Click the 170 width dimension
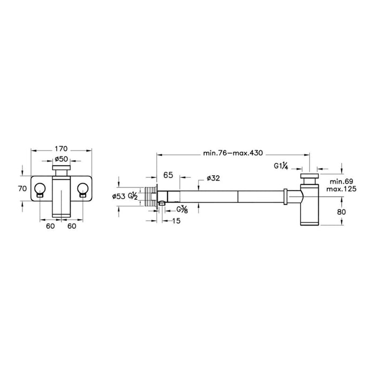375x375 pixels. coord(61,149)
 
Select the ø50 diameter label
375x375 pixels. coord(61,159)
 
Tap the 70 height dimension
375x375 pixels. coord(22,189)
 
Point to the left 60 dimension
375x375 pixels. coord(50,226)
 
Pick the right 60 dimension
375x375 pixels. coord(72,226)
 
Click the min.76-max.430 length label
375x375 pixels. coord(232,153)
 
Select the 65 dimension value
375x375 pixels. coord(168,175)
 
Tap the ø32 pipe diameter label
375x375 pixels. coord(213,178)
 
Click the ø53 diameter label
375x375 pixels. coord(119,197)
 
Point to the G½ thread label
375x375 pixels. coord(132,197)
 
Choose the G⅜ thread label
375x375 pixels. coord(182,210)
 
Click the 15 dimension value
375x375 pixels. coord(176,221)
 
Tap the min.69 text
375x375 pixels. coord(341,181)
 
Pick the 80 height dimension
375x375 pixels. coord(341,212)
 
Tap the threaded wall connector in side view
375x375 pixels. coord(151,197)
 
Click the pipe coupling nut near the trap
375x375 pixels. coord(285,197)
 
